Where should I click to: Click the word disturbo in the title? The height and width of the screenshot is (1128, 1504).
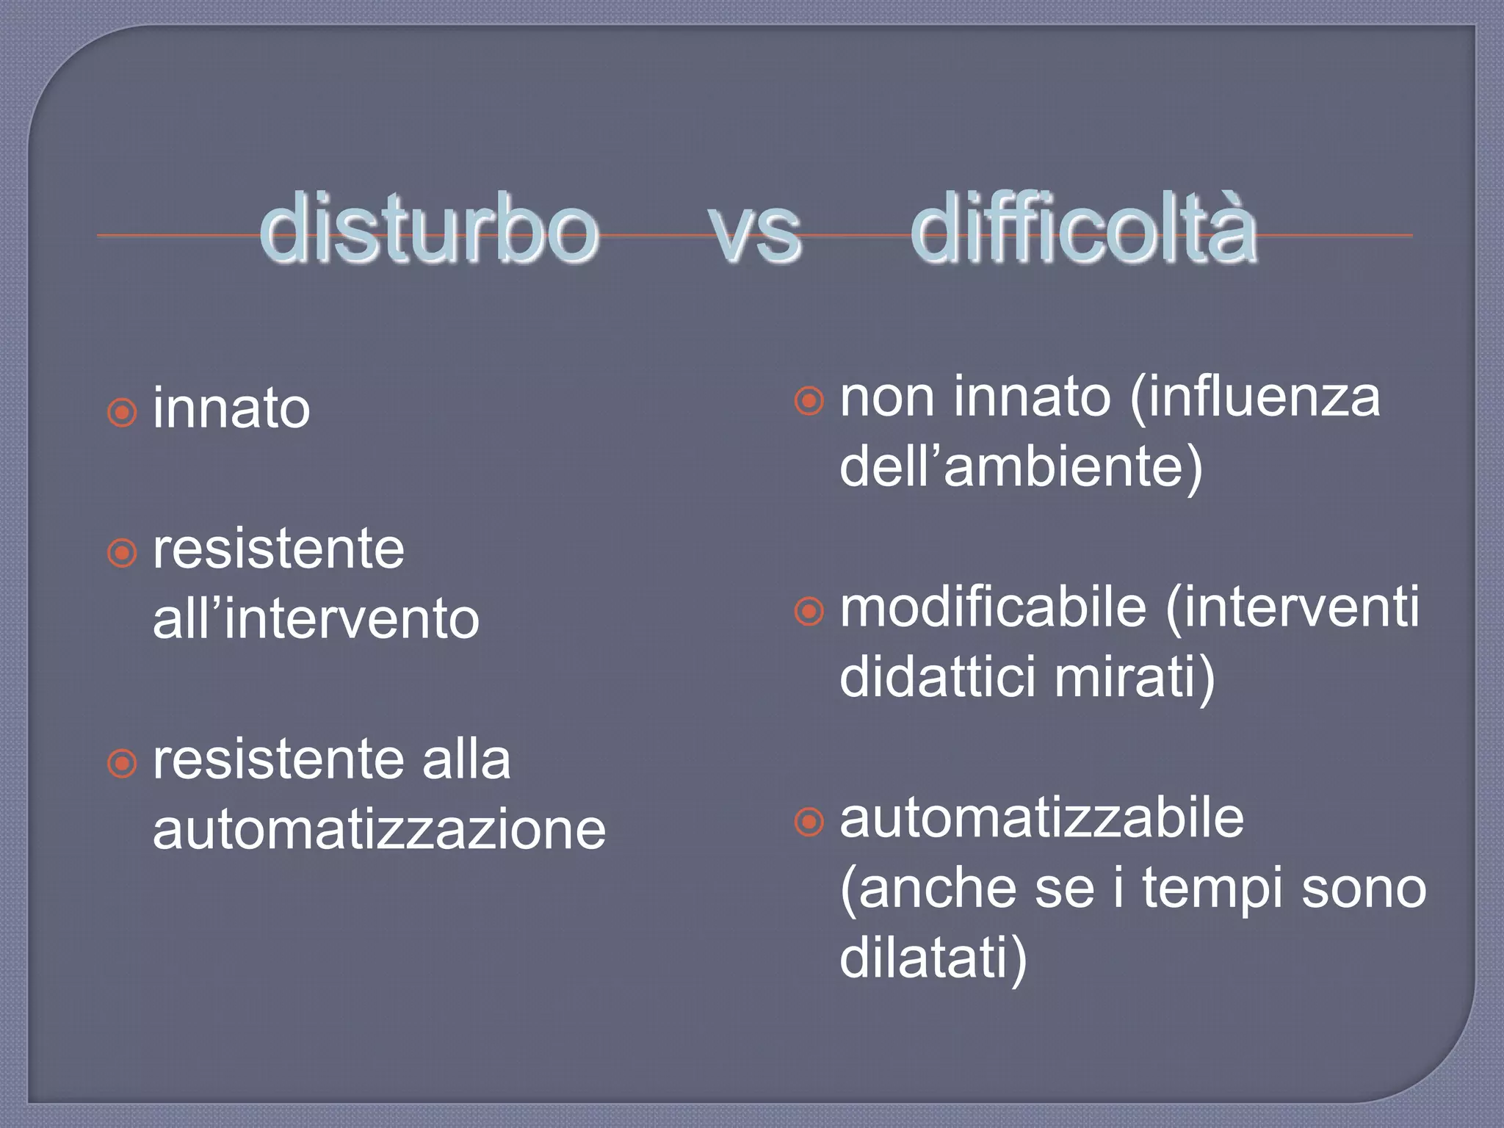coord(430,230)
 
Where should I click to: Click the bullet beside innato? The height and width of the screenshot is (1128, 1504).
coord(122,412)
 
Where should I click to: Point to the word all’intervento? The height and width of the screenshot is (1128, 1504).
coord(316,619)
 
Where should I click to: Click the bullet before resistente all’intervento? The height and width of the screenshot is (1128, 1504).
coord(122,552)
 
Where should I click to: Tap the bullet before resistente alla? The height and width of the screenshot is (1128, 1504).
coord(122,763)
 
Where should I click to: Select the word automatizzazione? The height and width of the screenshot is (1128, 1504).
coord(379,830)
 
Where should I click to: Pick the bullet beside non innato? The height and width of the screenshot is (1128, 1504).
coord(809,401)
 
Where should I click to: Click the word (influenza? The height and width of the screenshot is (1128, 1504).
coord(1255,397)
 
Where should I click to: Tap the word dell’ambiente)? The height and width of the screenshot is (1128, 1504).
coord(1021,467)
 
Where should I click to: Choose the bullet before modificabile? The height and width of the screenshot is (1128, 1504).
coord(809,611)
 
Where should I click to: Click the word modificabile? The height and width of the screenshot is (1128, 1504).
coord(993,608)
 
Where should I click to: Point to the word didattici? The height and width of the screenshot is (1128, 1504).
coord(938,676)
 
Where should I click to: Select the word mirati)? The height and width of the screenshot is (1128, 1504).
coord(1135,678)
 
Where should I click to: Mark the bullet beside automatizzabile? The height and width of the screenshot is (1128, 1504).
coord(809,822)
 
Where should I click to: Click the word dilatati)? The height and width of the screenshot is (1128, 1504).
coord(933,958)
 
